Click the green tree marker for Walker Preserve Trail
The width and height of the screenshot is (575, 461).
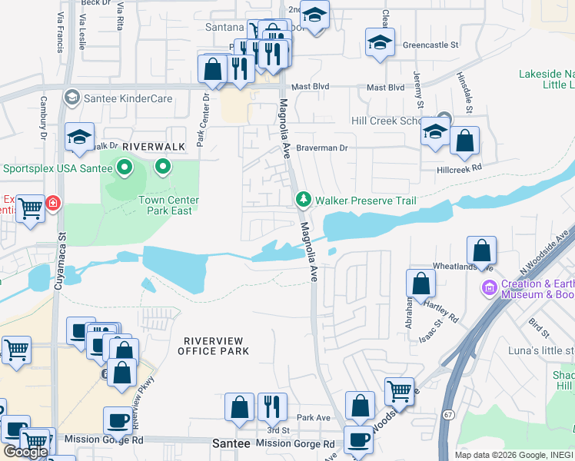tap(304, 200)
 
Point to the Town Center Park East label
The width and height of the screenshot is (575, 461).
tap(169, 205)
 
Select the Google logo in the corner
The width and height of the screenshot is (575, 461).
tap(25, 451)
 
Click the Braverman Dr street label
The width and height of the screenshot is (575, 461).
tap(323, 148)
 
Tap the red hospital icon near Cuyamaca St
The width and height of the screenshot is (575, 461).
tap(53, 204)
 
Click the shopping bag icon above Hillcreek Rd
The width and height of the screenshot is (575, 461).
tap(464, 141)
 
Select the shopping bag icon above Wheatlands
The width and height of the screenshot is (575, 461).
tap(481, 250)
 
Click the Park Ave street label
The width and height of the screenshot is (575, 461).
tap(313, 418)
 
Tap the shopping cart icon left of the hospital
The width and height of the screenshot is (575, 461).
tap(31, 208)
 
